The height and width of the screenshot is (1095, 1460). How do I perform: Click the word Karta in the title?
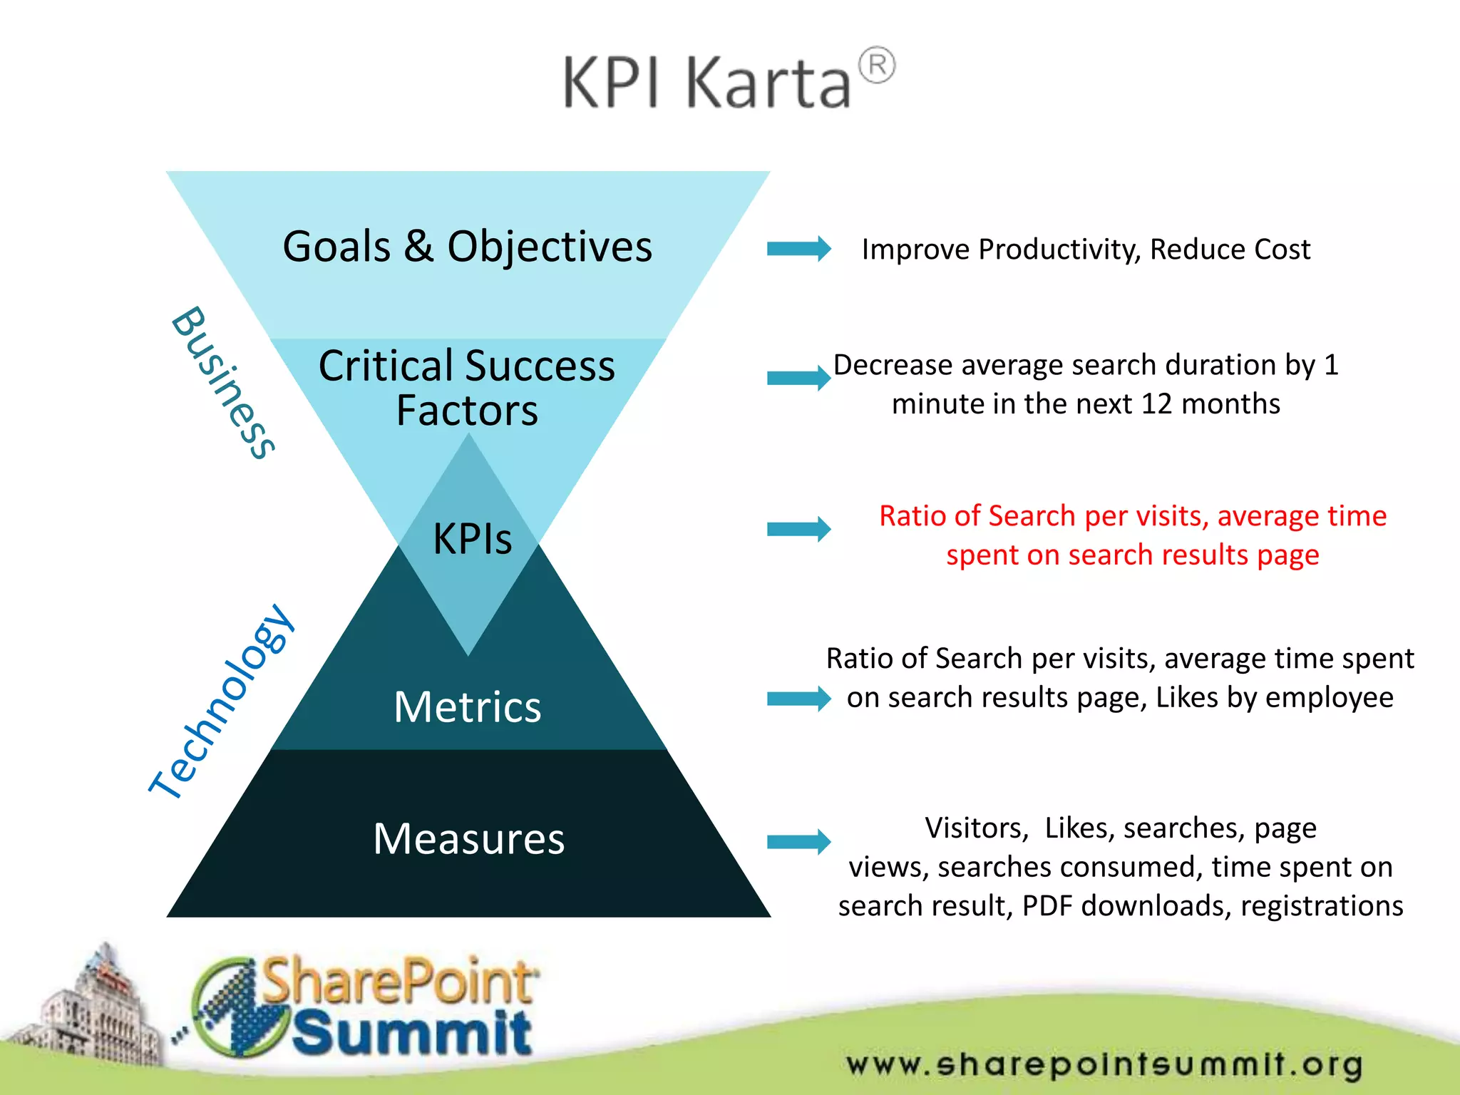(768, 83)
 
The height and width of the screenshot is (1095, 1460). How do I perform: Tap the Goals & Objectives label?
(468, 247)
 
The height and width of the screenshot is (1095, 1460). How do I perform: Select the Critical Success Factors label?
(467, 388)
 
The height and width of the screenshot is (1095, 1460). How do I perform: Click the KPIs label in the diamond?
(472, 538)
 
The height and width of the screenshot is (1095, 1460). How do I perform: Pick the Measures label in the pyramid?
(469, 838)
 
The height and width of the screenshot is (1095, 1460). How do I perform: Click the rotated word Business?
(223, 383)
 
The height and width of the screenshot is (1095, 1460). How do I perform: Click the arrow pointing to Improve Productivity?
(798, 249)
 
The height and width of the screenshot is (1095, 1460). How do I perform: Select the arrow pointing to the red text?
(798, 529)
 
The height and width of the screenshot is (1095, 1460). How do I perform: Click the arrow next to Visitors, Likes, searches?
(798, 842)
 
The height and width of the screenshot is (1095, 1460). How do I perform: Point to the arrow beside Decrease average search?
(798, 378)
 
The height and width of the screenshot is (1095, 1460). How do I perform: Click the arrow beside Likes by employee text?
(798, 699)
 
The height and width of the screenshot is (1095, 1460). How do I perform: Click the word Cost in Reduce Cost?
(1282, 250)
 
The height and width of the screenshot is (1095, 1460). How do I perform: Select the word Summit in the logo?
(411, 1033)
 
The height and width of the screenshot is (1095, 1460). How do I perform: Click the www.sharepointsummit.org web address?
(1104, 1064)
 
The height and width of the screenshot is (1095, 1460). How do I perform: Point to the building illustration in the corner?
(93, 1012)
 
